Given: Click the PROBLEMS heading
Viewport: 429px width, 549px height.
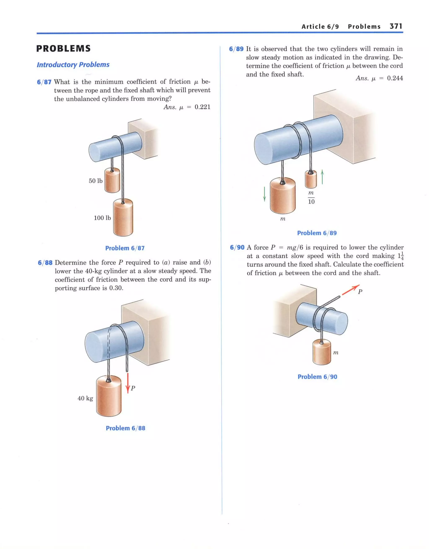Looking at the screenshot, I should tap(63, 49).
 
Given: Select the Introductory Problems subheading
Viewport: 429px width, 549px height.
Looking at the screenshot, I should tap(73, 65).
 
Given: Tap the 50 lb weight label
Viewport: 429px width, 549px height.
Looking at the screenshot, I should tap(96, 181).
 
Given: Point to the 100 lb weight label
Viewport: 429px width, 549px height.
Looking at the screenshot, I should tap(102, 218).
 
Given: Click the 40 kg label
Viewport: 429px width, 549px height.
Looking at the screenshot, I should tap(85, 398).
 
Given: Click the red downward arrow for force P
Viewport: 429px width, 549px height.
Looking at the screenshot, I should tap(128, 383).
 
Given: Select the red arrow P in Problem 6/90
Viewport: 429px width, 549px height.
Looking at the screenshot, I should tap(350, 290).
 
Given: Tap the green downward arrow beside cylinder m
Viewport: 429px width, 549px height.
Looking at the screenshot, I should tap(264, 194).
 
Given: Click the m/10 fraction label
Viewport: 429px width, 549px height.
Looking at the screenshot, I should tap(311, 197).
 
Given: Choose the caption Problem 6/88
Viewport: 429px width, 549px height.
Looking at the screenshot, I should tap(125, 428).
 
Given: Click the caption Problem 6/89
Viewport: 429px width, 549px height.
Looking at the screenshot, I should tap(317, 233).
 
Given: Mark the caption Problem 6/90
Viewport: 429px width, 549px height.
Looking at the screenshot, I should tap(317, 377).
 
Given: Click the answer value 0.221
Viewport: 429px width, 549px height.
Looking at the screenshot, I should tap(202, 107).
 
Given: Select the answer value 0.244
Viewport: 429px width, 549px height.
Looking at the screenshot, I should tap(395, 78).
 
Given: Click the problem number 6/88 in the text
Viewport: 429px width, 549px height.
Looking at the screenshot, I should tap(45, 263).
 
